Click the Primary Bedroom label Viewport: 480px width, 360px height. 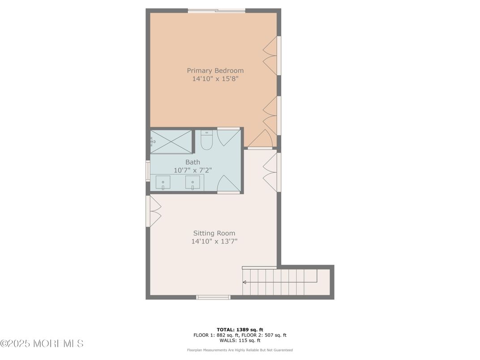pyautogui.click(x=215, y=70)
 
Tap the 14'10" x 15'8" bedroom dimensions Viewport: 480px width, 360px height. pyautogui.click(x=215, y=79)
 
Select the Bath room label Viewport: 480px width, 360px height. pyautogui.click(x=193, y=162)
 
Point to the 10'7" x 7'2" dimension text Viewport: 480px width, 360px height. pyautogui.click(x=193, y=170)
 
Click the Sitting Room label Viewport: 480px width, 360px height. pyautogui.click(x=214, y=233)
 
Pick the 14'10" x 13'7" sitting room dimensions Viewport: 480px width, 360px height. pyautogui.click(x=214, y=241)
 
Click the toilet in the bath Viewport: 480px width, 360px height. pyautogui.click(x=206, y=140)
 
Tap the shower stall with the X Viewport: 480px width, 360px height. pyautogui.click(x=171, y=142)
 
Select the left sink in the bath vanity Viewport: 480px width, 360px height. pyautogui.click(x=163, y=182)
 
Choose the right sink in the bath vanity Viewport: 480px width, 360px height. pyautogui.click(x=193, y=182)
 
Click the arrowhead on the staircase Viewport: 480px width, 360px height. pyautogui.click(x=245, y=282)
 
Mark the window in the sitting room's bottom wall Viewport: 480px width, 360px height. pyautogui.click(x=213, y=297)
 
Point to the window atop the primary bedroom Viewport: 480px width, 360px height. pyautogui.click(x=217, y=11)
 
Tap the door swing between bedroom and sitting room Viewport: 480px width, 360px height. pyautogui.click(x=260, y=139)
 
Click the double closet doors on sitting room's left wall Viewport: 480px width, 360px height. pyautogui.click(x=154, y=211)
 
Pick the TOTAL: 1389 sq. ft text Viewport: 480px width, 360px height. pyautogui.click(x=240, y=330)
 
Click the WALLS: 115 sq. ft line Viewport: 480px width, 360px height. pyautogui.click(x=240, y=340)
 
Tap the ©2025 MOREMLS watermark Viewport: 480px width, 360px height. pyautogui.click(x=42, y=343)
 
